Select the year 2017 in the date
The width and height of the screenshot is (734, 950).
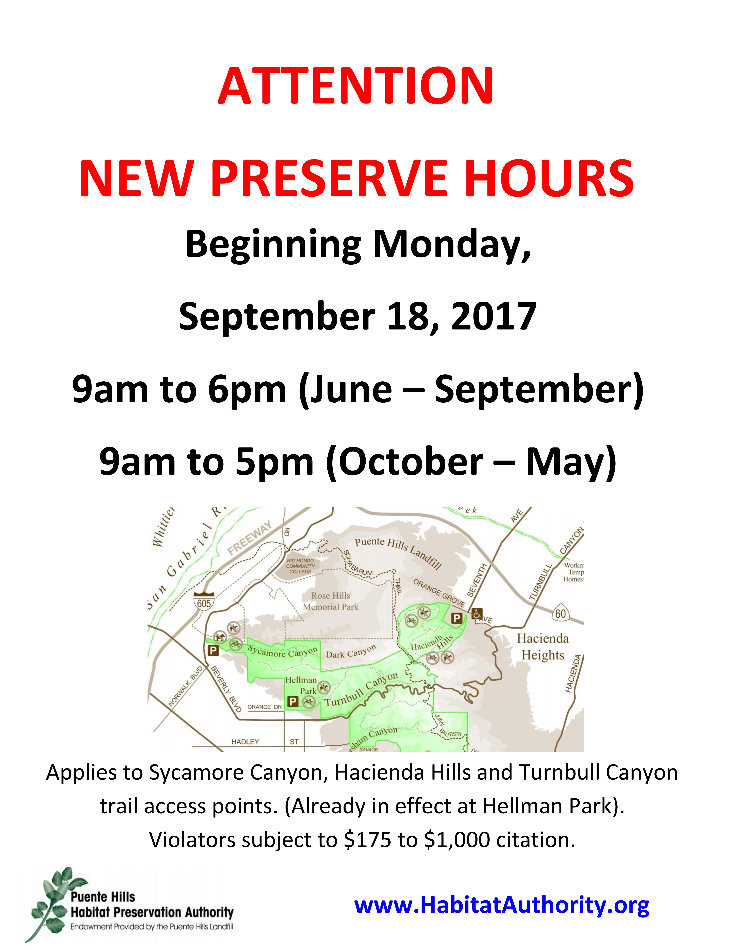pyautogui.click(x=494, y=316)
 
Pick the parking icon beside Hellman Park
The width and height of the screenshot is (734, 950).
pyautogui.click(x=293, y=701)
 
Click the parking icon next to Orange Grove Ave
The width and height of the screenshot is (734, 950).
pyautogui.click(x=457, y=618)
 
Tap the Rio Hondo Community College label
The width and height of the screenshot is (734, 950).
pyautogui.click(x=300, y=566)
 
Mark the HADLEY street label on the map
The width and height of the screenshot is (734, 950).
pyautogui.click(x=245, y=742)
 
